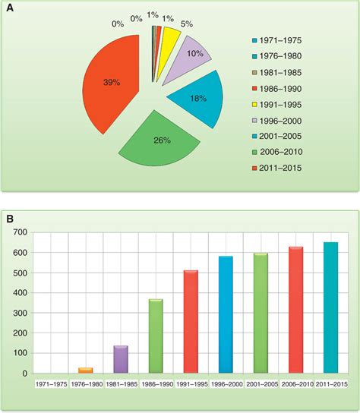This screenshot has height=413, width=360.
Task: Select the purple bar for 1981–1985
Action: point(121,359)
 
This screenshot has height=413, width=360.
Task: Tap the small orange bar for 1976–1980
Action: point(86,370)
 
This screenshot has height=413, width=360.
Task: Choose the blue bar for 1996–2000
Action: point(226,314)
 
